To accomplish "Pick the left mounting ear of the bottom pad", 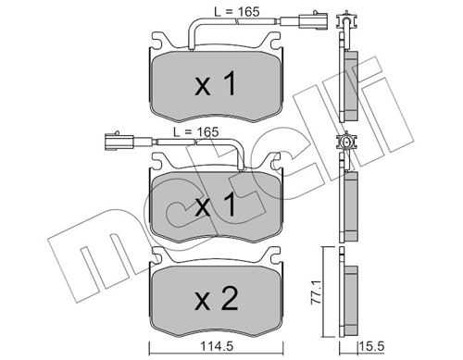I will [158, 255].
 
